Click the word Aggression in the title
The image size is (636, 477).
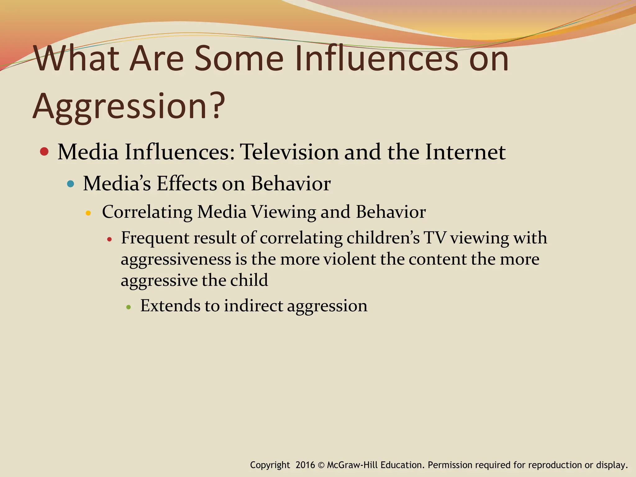click(x=120, y=107)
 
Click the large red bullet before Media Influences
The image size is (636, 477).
click(x=44, y=152)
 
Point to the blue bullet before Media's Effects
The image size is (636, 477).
click(x=71, y=184)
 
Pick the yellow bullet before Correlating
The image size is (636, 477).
click(x=88, y=213)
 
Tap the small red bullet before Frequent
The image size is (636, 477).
click(x=109, y=239)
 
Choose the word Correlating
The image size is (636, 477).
click(x=147, y=212)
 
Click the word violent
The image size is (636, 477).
click(x=350, y=259)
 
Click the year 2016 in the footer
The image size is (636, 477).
click(x=305, y=465)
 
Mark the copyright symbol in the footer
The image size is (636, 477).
click(x=321, y=465)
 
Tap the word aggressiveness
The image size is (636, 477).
click(x=176, y=260)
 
